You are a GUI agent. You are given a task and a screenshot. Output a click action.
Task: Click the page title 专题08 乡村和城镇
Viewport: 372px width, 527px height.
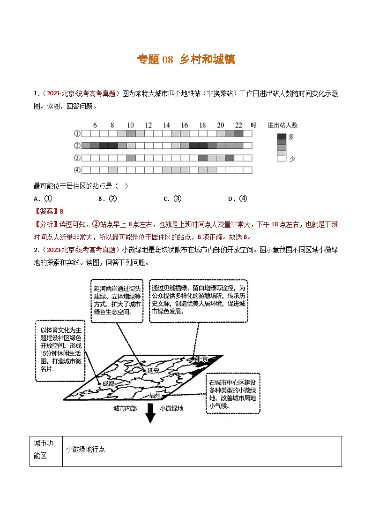click(x=186, y=60)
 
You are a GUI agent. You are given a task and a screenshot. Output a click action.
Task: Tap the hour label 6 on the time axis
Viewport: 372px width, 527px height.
click(x=95, y=125)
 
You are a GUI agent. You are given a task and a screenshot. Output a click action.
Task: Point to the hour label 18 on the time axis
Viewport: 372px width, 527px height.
click(x=202, y=125)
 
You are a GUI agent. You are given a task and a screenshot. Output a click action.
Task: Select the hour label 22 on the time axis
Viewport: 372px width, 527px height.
click(x=238, y=125)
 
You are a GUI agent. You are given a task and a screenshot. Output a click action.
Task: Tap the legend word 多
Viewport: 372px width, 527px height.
click(x=291, y=137)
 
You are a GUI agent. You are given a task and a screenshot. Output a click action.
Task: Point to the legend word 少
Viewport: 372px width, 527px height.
click(x=292, y=159)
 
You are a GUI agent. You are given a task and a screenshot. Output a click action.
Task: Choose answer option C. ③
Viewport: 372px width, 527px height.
click(x=172, y=199)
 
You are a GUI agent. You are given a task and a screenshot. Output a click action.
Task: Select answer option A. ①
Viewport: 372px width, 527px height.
click(x=42, y=199)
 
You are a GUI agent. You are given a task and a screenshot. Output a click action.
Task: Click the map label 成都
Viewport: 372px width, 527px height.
click(x=108, y=383)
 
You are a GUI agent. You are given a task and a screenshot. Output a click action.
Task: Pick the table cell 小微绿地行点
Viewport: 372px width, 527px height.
click(x=85, y=450)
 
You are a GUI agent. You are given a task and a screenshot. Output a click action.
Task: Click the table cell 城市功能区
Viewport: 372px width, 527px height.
click(x=46, y=450)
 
